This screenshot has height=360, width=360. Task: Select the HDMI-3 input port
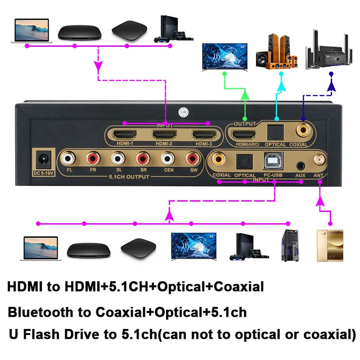click(202, 135)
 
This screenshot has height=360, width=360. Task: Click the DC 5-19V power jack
click(43, 160)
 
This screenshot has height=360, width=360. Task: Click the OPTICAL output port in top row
click(275, 132)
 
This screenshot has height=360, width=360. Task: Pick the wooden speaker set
click(277, 53)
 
